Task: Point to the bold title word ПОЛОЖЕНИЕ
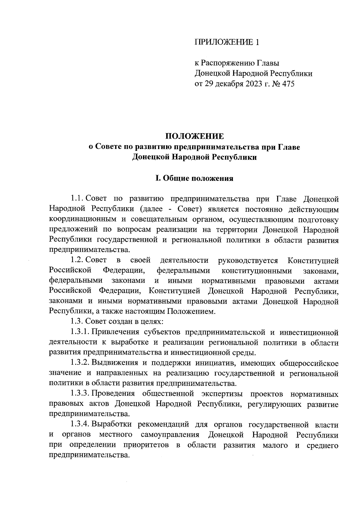(x=194, y=136)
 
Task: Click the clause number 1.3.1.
(x=80, y=332)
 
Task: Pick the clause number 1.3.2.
(x=80, y=363)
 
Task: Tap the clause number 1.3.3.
(x=80, y=394)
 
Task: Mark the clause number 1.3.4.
(x=80, y=425)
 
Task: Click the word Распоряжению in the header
(x=228, y=63)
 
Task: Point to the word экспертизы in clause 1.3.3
(x=218, y=394)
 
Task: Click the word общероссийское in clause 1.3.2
(x=309, y=363)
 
